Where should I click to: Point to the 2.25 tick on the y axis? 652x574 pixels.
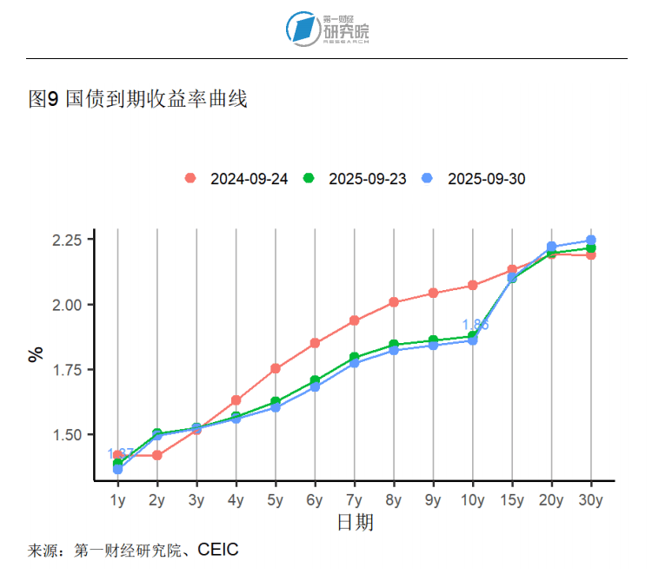tap(66, 240)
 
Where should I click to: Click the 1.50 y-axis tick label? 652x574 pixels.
tap(66, 435)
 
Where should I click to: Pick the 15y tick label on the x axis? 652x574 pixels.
tap(512, 500)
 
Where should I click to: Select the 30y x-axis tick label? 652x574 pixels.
tap(591, 500)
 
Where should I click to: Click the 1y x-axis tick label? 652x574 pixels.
tap(117, 500)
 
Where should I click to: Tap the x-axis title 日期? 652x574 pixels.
tap(355, 523)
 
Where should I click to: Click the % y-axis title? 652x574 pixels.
tap(36, 353)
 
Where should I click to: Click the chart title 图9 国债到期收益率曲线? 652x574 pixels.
tap(138, 100)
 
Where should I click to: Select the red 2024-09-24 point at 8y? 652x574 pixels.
tap(394, 302)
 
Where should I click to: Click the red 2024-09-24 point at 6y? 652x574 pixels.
tap(315, 343)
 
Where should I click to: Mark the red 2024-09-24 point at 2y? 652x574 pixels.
tap(157, 455)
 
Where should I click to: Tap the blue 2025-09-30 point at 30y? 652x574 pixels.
tap(591, 240)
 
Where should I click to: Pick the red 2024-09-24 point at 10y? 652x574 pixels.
tap(473, 285)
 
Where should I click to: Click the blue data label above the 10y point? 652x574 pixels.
tap(475, 325)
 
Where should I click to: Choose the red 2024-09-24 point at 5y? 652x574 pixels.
tap(276, 368)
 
